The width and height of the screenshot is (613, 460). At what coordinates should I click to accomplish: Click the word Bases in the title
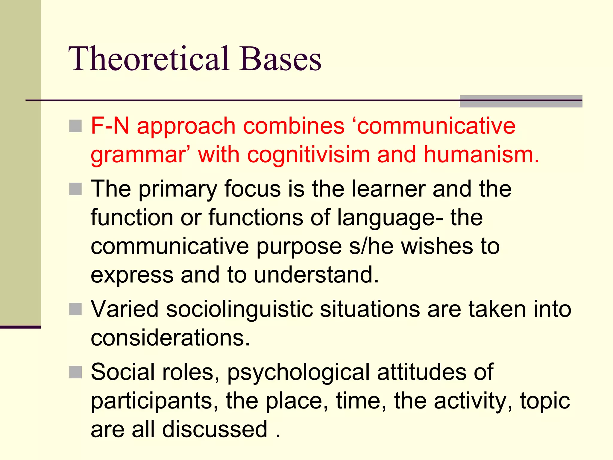[x=280, y=59]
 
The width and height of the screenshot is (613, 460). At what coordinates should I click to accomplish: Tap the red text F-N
[x=110, y=126]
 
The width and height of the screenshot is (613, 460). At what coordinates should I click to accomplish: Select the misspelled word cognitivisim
[x=309, y=155]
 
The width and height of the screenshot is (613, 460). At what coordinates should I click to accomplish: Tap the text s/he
[x=371, y=247]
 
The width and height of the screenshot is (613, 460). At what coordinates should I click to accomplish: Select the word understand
[x=316, y=275]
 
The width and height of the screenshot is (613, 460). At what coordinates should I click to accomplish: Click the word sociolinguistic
[x=239, y=309]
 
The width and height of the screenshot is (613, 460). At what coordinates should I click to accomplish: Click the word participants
[x=154, y=401]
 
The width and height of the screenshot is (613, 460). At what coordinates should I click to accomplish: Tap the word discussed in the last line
[x=215, y=429]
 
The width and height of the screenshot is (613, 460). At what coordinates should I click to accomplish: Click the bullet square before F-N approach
[x=75, y=126]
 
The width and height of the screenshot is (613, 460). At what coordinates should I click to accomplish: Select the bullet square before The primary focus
[x=75, y=189]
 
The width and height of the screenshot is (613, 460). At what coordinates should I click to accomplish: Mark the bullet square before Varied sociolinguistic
[x=75, y=309]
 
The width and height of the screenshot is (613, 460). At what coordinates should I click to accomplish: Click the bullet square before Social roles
[x=75, y=372]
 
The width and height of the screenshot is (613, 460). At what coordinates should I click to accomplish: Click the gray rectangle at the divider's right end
[x=521, y=101]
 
